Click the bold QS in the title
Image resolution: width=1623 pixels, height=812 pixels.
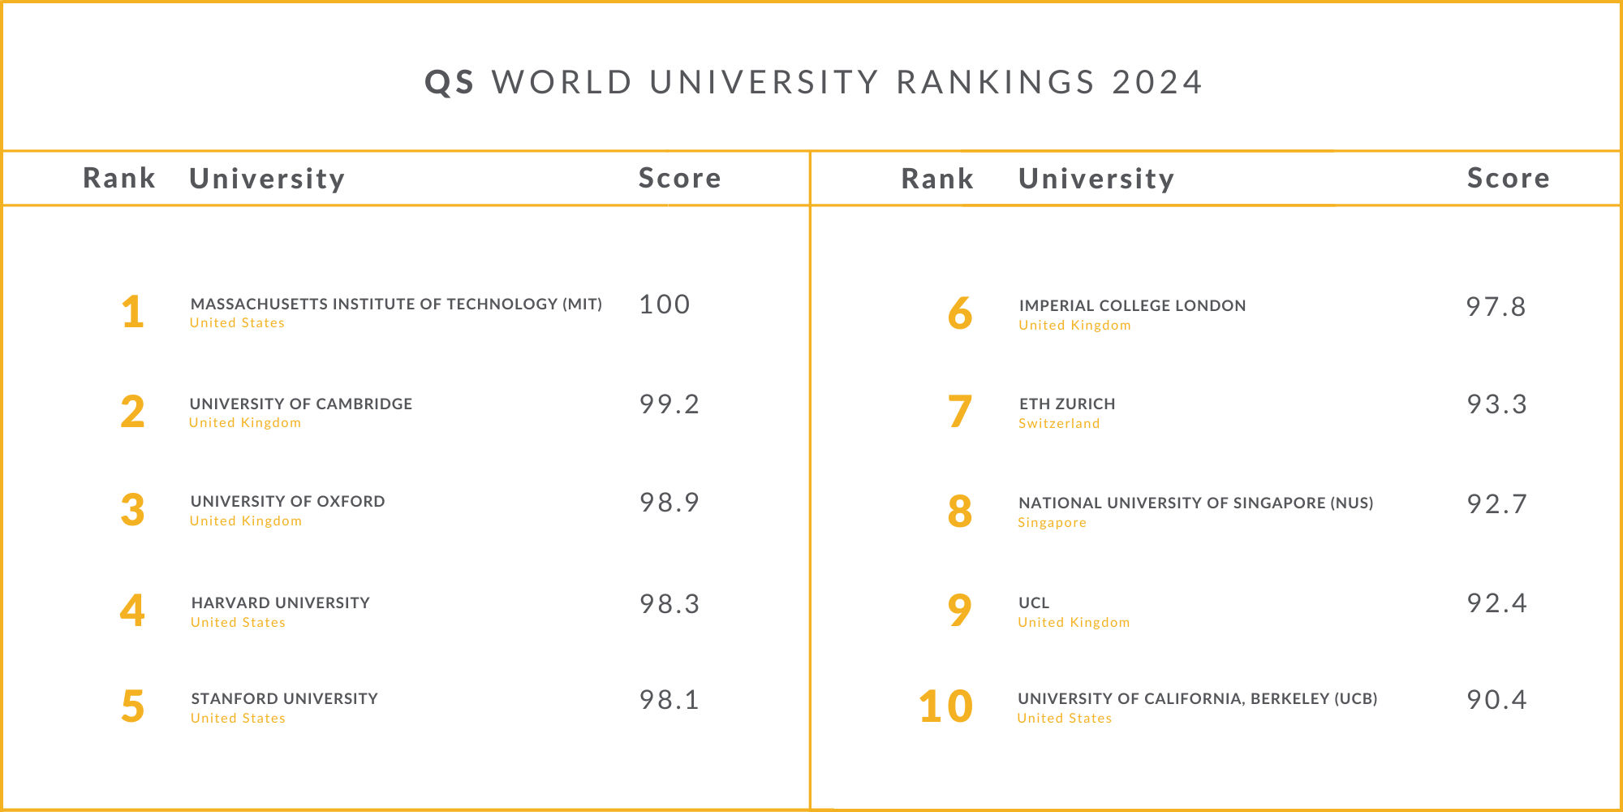click(450, 83)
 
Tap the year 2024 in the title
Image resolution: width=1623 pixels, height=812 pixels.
click(1157, 83)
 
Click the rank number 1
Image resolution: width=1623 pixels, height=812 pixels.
click(133, 313)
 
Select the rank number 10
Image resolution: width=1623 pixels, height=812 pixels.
click(945, 706)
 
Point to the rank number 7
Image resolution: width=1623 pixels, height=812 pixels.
click(959, 412)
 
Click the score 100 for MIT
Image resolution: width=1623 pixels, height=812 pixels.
click(665, 304)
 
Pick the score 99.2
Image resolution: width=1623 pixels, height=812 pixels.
click(669, 404)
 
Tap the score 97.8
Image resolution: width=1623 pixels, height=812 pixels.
click(1496, 307)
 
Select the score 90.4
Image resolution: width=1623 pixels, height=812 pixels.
click(1496, 700)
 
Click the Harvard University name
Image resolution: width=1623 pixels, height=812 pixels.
click(281, 603)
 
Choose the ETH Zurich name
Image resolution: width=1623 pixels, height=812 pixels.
click(1067, 404)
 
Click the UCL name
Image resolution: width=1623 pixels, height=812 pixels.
click(1034, 603)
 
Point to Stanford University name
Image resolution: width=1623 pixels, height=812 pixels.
click(285, 698)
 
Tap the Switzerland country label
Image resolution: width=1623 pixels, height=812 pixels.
click(1059, 424)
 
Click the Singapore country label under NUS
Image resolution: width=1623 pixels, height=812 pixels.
click(1052, 523)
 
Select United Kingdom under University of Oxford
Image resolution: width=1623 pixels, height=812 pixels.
click(246, 521)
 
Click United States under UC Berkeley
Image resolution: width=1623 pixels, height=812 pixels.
click(1065, 719)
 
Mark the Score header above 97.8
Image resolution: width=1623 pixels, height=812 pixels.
click(1509, 178)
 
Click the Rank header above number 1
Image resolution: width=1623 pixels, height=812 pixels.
click(119, 178)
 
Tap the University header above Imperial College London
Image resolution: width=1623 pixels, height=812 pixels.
click(1096, 179)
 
